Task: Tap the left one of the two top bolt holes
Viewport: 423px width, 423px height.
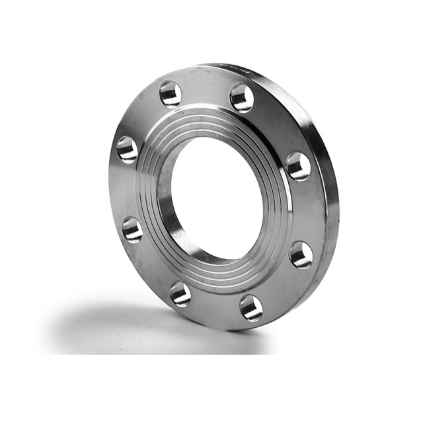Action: click(x=171, y=93)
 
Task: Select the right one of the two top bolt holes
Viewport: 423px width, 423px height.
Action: click(x=242, y=98)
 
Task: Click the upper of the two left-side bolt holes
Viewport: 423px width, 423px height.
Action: click(x=127, y=149)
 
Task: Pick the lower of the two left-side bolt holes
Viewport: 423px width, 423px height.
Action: click(x=132, y=229)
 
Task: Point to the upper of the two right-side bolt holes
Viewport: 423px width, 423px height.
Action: click(x=298, y=166)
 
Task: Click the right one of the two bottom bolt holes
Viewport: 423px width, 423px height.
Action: click(x=251, y=307)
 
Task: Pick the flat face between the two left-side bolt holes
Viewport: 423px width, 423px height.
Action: click(x=126, y=190)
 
